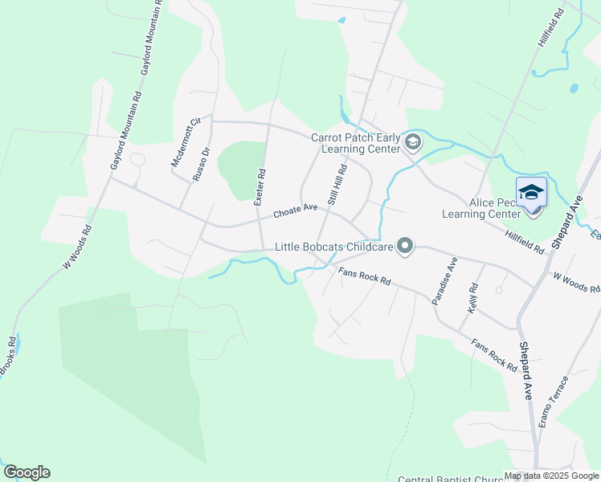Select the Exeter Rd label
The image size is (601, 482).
[x=259, y=186]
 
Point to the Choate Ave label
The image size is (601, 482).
[x=295, y=210]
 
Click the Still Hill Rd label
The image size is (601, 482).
[x=337, y=185]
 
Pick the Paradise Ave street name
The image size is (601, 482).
[x=444, y=280]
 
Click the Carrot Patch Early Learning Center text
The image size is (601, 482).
[x=355, y=143]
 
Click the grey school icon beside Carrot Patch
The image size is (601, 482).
[x=413, y=143]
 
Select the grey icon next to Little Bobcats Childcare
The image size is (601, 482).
[x=405, y=247]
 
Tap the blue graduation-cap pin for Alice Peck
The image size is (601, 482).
[x=531, y=193]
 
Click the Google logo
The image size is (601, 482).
[x=27, y=472]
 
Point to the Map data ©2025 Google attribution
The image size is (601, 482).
[x=551, y=476]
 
